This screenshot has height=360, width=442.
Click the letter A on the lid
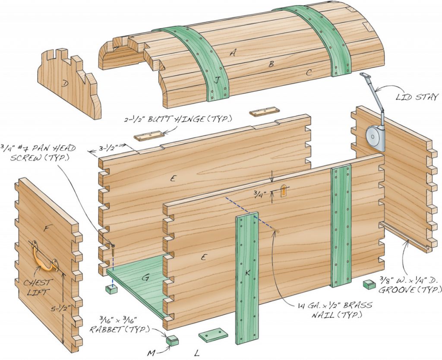(234, 53)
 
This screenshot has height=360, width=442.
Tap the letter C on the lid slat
(309, 73)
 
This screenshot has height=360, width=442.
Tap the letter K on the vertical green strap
(247, 272)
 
